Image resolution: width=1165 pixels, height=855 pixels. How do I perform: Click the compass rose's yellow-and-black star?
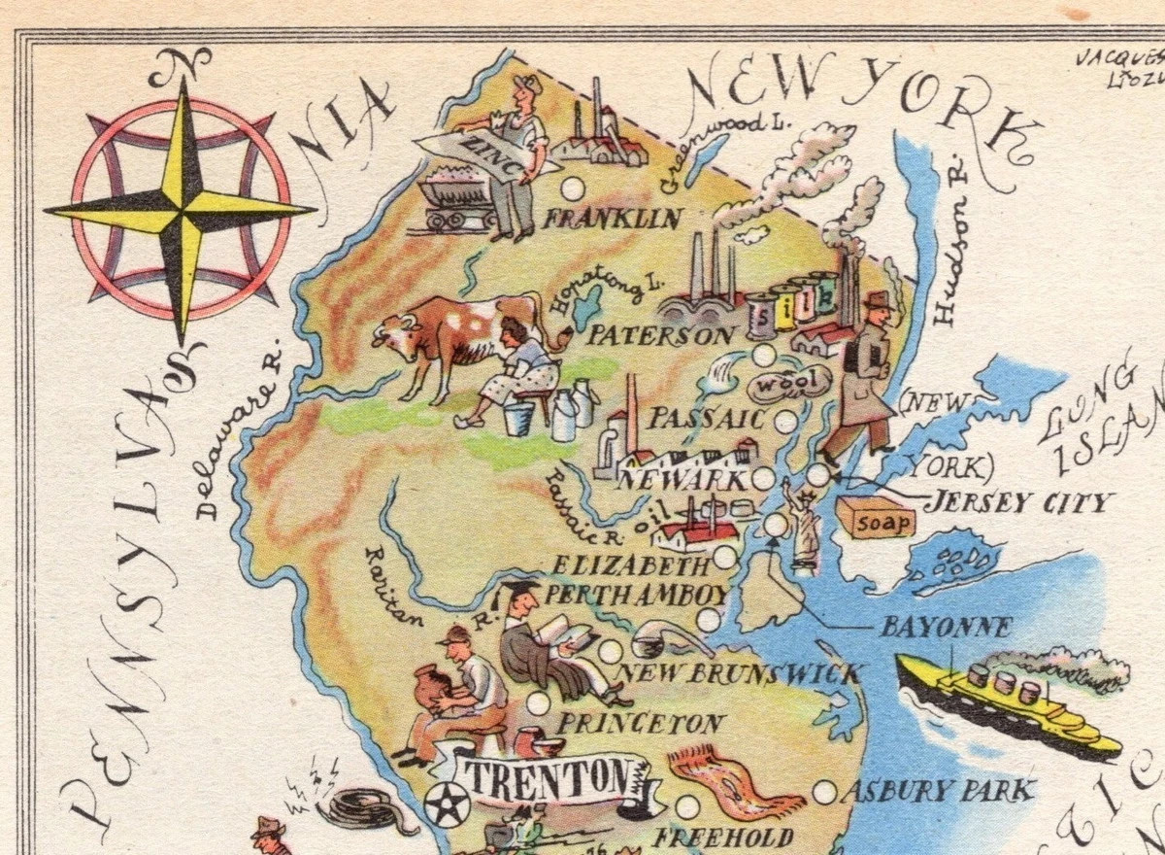181,209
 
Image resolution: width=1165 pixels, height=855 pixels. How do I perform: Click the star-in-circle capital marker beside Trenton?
448,804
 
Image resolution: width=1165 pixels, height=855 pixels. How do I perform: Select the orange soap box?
876,519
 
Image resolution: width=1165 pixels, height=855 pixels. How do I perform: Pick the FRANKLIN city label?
613,220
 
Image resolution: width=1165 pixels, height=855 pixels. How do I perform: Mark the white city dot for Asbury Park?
825,792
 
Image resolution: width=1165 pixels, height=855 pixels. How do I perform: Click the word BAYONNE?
945,628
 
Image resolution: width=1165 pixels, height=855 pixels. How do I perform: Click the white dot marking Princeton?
537,702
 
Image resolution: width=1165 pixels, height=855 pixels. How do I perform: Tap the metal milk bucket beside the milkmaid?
518,420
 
